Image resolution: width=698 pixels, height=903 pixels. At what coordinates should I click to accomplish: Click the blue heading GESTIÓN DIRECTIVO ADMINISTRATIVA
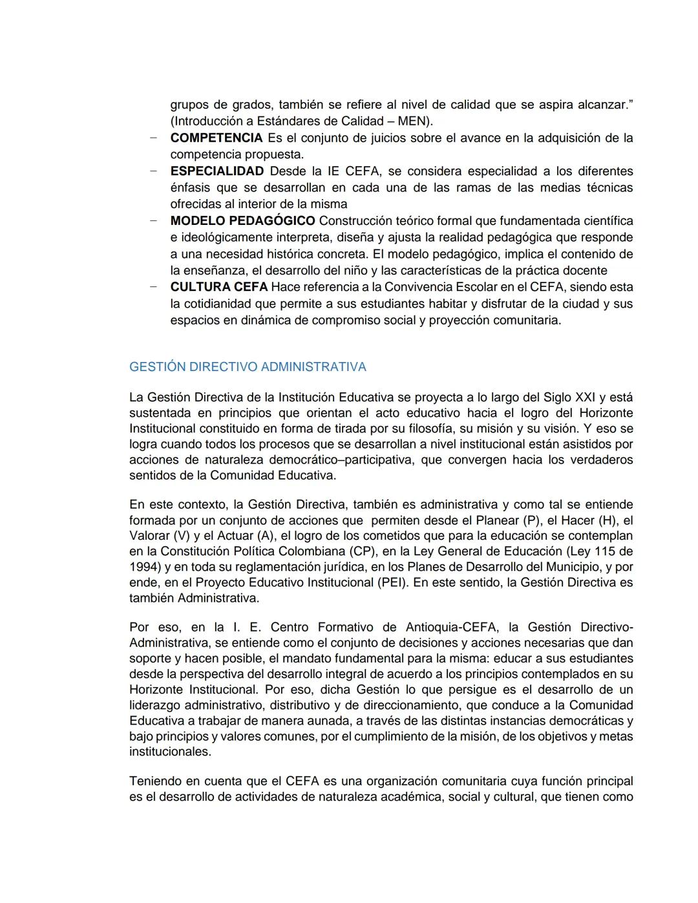(248, 367)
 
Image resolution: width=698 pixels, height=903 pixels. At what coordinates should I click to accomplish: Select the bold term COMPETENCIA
(217, 138)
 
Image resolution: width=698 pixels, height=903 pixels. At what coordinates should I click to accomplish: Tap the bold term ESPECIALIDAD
(217, 171)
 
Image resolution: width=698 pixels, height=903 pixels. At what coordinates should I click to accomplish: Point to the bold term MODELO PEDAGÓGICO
(243, 221)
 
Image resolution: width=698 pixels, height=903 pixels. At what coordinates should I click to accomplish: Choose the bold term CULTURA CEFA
(218, 287)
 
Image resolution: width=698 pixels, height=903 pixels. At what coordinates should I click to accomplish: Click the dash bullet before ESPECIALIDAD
(153, 171)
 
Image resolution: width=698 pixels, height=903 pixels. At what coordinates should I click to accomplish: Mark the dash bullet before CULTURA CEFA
(153, 287)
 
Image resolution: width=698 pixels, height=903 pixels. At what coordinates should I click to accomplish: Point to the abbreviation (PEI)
(393, 582)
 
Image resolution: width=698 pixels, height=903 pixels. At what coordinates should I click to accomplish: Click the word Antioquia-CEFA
(452, 628)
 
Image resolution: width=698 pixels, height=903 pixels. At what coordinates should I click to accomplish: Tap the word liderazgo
(154, 705)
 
